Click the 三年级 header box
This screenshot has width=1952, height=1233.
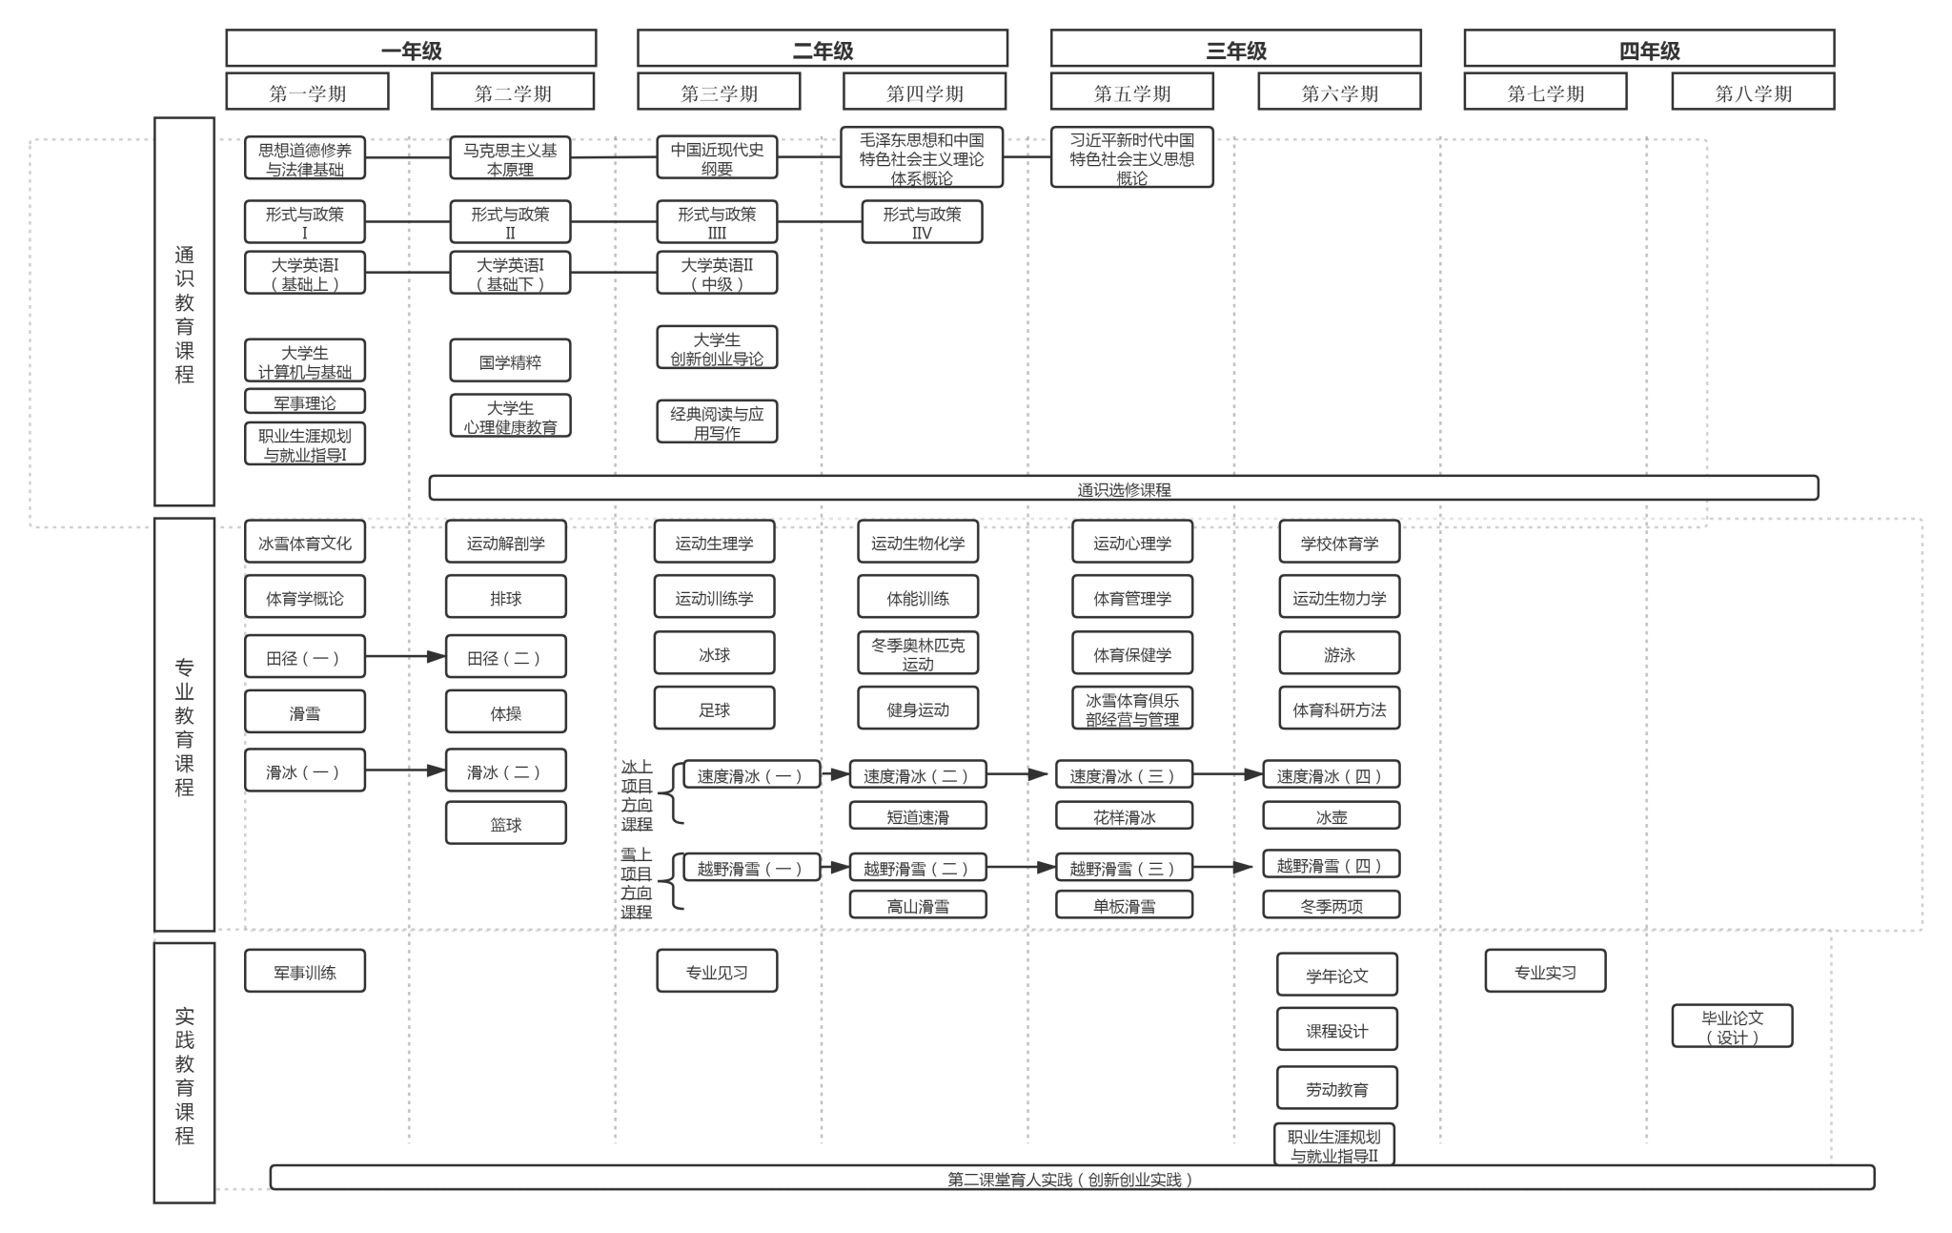tap(1235, 49)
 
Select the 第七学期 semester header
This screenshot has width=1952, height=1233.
tap(1545, 92)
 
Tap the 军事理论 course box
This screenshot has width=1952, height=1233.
tap(304, 401)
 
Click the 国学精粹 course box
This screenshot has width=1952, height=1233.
tap(510, 361)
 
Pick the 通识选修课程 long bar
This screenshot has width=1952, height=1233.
tap(1123, 488)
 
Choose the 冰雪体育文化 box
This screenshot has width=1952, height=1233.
tap(304, 543)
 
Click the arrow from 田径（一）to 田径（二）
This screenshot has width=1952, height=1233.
tap(405, 656)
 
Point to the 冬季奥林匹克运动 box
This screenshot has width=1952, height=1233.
tap(917, 653)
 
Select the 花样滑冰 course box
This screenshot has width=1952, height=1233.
tap(1124, 816)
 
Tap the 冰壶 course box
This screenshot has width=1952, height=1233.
tap(1331, 816)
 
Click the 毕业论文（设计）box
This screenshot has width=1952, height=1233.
tap(1732, 1026)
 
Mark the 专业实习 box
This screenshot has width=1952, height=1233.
tap(1544, 971)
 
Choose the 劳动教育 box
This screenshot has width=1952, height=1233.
tap(1336, 1088)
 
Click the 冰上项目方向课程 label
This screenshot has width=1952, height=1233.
tap(637, 794)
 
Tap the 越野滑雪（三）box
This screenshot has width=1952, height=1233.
tap(1124, 867)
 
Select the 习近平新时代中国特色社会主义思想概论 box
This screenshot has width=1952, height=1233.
tap(1131, 157)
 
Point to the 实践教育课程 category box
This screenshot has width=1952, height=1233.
tap(184, 1073)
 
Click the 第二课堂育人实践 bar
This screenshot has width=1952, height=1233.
tap(1071, 1178)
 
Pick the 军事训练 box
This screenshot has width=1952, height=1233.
tap(304, 971)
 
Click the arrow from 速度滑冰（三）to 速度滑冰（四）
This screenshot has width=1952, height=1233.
tap(1228, 774)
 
